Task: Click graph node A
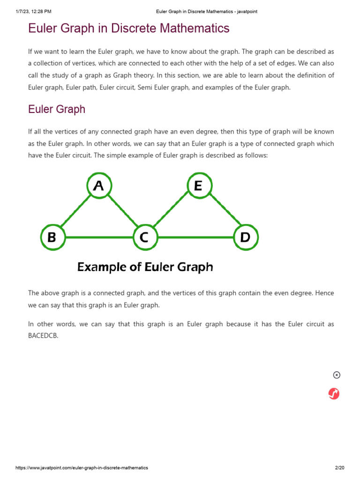(x=98, y=186)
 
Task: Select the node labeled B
(x=52, y=237)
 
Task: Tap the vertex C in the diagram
(x=145, y=237)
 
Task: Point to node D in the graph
(x=245, y=237)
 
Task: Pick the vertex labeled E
(x=198, y=186)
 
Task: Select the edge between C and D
(x=195, y=237)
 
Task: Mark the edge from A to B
(x=75, y=212)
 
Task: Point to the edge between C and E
(x=171, y=212)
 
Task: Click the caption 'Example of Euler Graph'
(x=145, y=267)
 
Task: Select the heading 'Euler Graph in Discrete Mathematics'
(x=129, y=28)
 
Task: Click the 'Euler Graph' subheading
(x=57, y=109)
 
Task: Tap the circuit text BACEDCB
(x=44, y=336)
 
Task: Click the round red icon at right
(x=334, y=394)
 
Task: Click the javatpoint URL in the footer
(x=82, y=468)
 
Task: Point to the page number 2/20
(x=340, y=468)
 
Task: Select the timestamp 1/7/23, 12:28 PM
(x=33, y=11)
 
